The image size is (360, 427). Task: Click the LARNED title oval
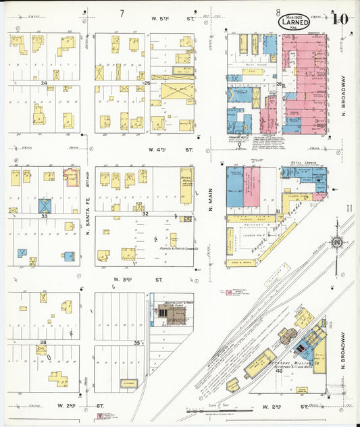coord(294,23)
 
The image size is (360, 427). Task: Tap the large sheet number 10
coord(340,18)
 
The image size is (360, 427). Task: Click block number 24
coord(45,83)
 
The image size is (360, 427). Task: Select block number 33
coord(44,216)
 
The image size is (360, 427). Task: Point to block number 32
coord(145,213)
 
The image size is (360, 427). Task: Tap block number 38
coord(43,343)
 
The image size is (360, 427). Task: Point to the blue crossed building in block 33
coord(45,205)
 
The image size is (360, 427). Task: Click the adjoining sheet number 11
coord(349,208)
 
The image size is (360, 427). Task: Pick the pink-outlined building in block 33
coord(70,177)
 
